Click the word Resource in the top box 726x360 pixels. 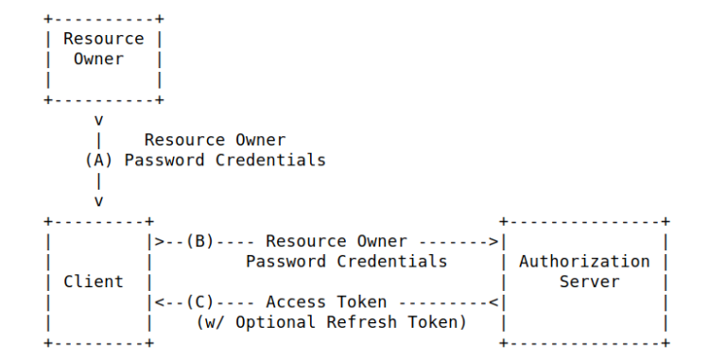[103, 39]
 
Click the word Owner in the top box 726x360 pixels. [98, 59]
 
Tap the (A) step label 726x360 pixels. [98, 160]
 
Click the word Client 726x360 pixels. [93, 281]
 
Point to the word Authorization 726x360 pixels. [584, 261]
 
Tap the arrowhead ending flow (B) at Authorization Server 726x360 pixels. [494, 241]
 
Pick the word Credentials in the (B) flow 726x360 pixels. [396, 261]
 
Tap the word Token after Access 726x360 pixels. [361, 301]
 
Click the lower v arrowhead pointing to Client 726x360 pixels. [98, 200]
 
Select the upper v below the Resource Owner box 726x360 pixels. [98, 120]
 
